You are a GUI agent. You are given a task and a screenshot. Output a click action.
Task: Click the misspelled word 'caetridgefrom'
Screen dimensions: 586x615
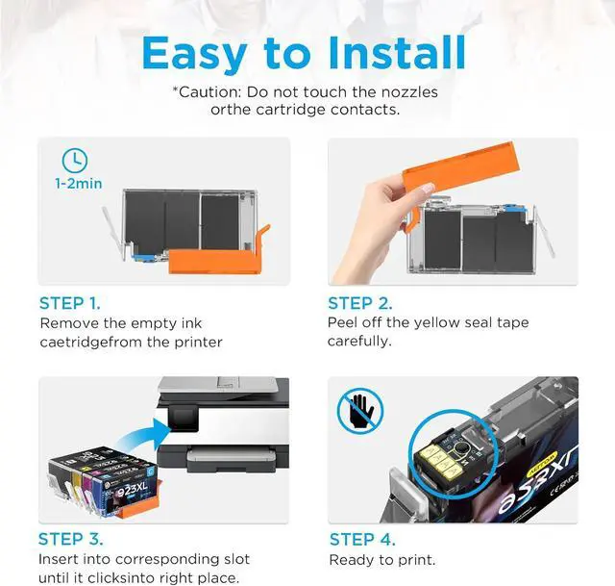coord(91,343)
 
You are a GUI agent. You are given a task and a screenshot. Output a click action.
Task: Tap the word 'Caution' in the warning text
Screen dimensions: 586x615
coord(209,92)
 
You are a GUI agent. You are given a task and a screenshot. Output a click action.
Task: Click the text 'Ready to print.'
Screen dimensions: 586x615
coord(381,560)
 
